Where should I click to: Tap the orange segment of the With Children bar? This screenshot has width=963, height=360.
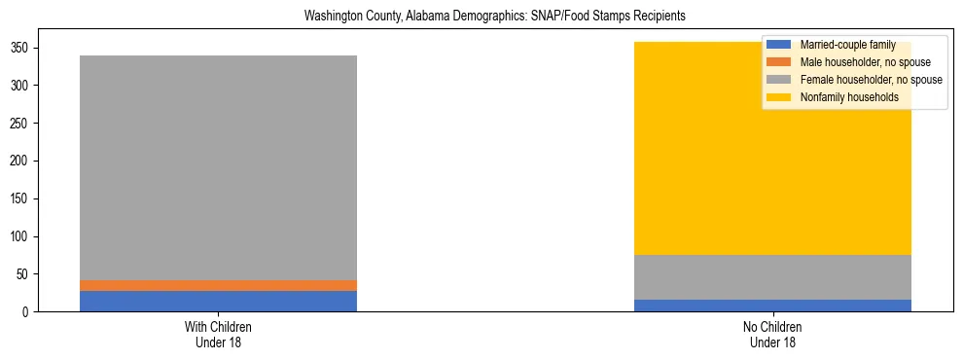click(x=218, y=285)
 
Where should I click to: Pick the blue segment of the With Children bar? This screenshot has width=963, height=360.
click(x=218, y=301)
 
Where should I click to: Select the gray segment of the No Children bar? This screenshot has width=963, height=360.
click(x=772, y=277)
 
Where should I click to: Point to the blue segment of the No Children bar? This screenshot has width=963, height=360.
click(x=772, y=306)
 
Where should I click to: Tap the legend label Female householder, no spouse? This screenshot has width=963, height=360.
click(x=871, y=80)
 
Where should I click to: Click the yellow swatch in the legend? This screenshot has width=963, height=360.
click(x=780, y=97)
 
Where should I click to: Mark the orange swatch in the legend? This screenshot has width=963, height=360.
click(x=780, y=62)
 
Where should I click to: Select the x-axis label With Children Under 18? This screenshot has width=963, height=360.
click(x=218, y=335)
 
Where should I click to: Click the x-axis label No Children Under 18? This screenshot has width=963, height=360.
click(x=772, y=335)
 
